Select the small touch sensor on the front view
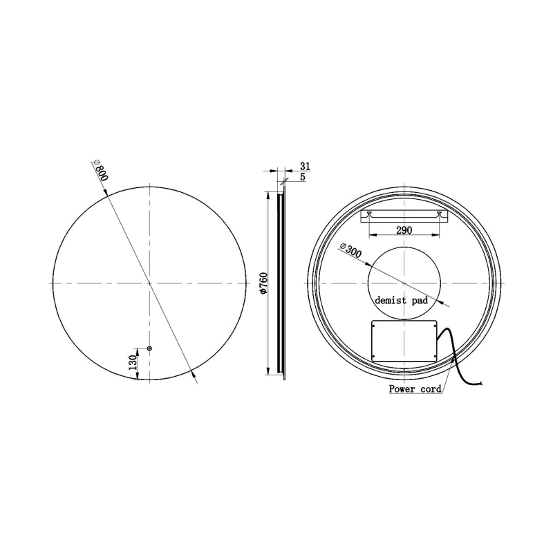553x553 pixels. point(149,348)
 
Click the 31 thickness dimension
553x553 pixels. point(305,167)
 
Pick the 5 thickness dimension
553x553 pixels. point(303,177)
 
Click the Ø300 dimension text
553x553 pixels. point(350,251)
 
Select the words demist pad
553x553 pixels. point(402,301)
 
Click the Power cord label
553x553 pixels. point(415,389)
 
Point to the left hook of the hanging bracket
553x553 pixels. point(370,214)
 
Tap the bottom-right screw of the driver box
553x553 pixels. point(433,356)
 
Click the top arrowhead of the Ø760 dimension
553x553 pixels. point(268,196)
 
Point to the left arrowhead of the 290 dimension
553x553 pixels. point(373,238)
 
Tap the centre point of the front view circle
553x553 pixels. point(149,283)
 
